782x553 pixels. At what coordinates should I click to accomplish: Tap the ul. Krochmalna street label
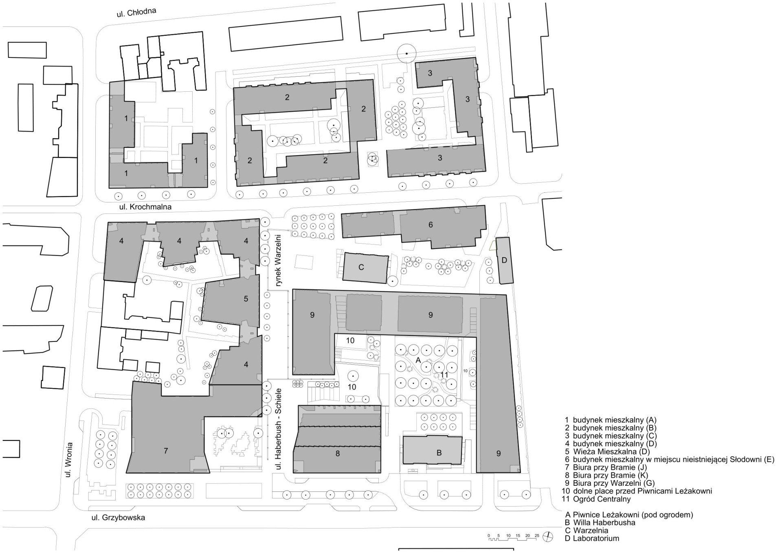click(x=145, y=207)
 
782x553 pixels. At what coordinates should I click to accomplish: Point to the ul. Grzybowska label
click(x=118, y=518)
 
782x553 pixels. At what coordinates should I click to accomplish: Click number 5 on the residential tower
click(x=246, y=299)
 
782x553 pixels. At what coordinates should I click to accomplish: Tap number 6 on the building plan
click(x=431, y=225)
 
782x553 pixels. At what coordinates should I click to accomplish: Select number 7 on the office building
click(x=166, y=451)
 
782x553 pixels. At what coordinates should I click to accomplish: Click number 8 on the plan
click(x=338, y=453)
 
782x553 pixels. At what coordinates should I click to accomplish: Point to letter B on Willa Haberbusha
click(x=439, y=453)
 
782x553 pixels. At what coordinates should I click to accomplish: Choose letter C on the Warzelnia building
click(x=361, y=267)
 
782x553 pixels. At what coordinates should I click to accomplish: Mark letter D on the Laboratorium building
click(x=504, y=260)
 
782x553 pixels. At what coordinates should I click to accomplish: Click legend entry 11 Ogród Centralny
click(x=597, y=499)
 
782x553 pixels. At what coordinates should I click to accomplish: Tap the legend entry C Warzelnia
click(x=586, y=531)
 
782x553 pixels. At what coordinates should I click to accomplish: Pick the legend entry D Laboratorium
click(x=592, y=538)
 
